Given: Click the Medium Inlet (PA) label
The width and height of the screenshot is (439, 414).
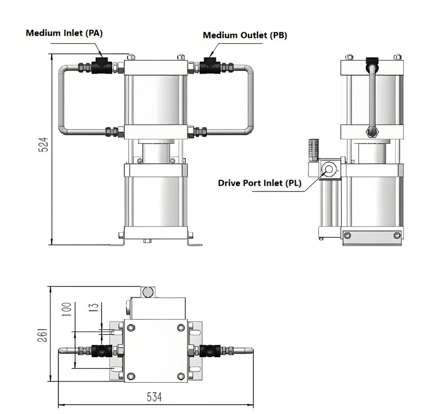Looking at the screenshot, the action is [64, 33].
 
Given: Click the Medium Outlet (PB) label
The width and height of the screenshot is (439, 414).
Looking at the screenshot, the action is [245, 35].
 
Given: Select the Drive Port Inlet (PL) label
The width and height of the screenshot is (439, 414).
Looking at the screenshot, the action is [259, 183].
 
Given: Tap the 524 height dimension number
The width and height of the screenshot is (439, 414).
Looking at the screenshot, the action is [43, 144].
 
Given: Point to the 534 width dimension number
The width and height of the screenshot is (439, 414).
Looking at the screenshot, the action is [154, 397].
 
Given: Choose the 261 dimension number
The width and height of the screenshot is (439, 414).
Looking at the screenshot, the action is [42, 335].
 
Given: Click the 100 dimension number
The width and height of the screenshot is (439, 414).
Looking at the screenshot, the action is [66, 309].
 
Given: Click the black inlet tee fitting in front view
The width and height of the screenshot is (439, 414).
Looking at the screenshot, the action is [102, 66].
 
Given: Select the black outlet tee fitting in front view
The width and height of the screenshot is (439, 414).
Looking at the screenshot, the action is [210, 66].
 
